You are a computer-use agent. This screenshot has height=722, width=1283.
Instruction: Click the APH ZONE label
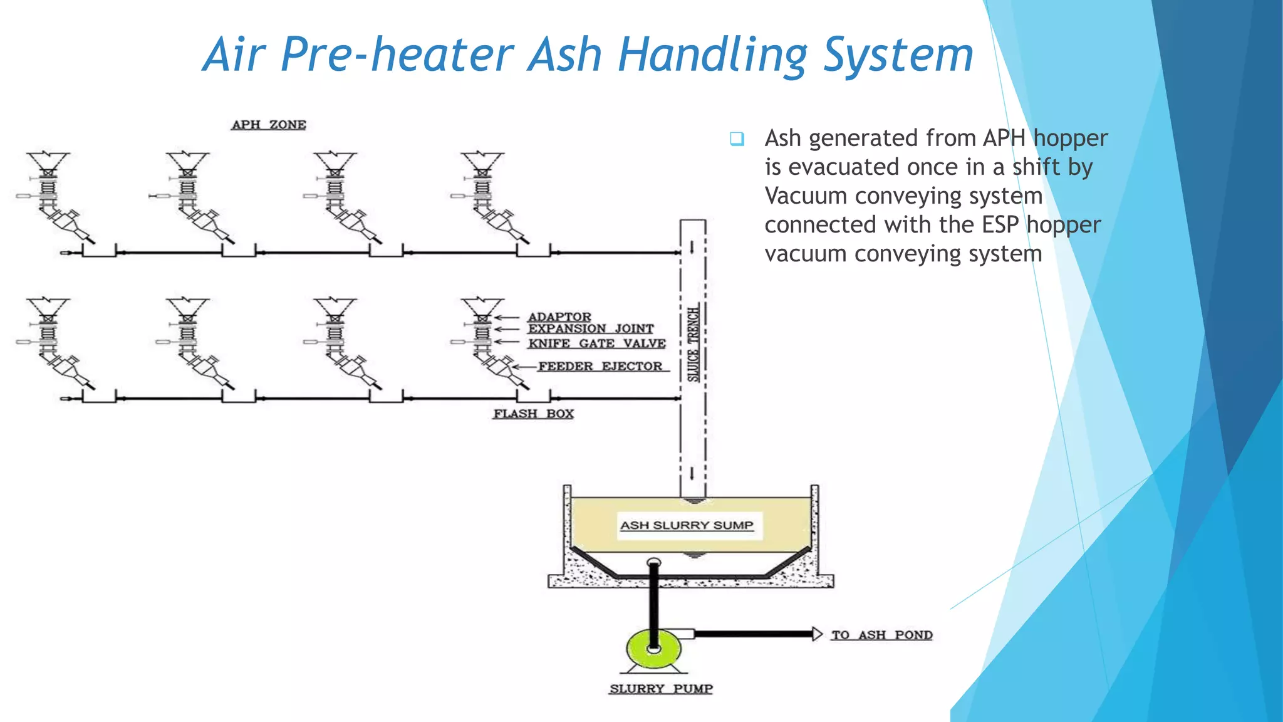(x=269, y=125)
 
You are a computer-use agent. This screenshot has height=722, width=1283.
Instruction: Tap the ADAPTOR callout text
(x=559, y=317)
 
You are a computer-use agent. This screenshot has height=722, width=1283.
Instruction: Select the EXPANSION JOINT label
(x=591, y=329)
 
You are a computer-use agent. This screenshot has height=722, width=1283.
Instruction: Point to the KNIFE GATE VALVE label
(x=596, y=343)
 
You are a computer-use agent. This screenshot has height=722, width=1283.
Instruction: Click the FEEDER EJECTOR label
(x=600, y=367)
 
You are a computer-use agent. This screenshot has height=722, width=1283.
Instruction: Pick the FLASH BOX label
(x=533, y=414)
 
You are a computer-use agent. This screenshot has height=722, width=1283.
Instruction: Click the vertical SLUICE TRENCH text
(x=693, y=344)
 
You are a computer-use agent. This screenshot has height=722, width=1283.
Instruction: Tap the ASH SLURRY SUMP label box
(x=687, y=525)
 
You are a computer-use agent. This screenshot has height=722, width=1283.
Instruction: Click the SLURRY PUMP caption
(x=661, y=689)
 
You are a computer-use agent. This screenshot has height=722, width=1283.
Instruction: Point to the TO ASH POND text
(x=881, y=635)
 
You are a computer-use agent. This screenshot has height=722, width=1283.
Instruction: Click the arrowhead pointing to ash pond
(x=817, y=634)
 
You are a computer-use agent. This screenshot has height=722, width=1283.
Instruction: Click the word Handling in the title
(x=713, y=55)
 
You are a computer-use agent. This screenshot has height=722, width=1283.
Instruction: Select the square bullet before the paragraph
(x=737, y=139)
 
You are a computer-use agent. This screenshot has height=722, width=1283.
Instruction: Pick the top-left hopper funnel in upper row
(x=48, y=162)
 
